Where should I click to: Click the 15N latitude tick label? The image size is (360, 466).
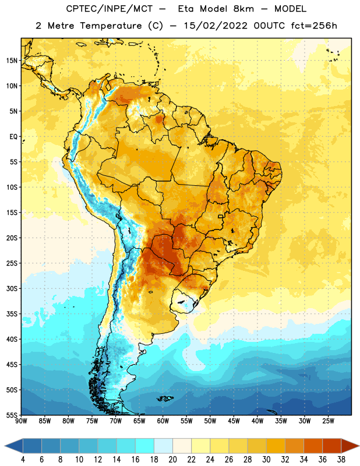(x=12, y=61)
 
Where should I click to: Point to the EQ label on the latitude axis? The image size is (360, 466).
(x=13, y=137)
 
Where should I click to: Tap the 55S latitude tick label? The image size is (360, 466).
(x=12, y=415)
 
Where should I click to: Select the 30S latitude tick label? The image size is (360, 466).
(x=12, y=288)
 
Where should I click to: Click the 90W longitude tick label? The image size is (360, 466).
(x=21, y=421)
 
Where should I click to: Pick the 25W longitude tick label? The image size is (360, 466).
(x=328, y=421)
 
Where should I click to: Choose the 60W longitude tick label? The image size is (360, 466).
(x=163, y=421)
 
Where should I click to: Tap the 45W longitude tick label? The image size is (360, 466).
(x=234, y=421)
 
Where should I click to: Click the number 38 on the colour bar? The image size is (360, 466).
(x=341, y=460)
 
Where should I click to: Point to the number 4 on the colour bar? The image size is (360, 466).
(x=23, y=460)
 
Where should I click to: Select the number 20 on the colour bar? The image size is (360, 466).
(x=172, y=460)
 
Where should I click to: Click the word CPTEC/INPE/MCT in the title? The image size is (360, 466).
(x=109, y=9)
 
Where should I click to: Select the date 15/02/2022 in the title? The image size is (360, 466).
(x=216, y=26)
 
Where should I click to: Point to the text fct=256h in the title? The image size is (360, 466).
(x=314, y=26)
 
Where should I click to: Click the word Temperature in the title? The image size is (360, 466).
(x=111, y=26)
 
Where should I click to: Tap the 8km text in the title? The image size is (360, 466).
(x=243, y=9)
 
